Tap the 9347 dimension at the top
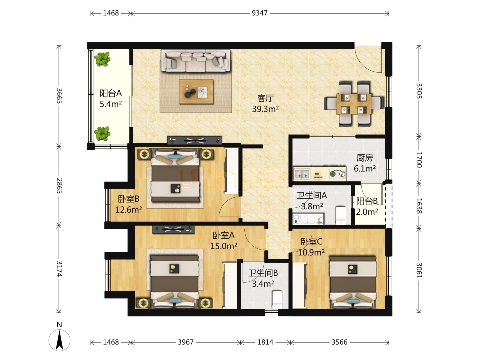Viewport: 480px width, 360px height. click(x=259, y=13)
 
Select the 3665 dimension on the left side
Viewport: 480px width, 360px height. click(x=59, y=96)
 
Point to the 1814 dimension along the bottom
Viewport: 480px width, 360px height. click(x=265, y=342)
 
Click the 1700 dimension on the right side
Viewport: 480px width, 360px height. click(x=419, y=160)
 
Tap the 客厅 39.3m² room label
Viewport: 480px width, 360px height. click(x=265, y=104)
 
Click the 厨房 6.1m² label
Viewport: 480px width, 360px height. click(x=365, y=163)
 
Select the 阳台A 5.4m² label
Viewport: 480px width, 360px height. click(x=111, y=98)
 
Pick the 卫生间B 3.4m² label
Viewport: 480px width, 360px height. click(x=263, y=278)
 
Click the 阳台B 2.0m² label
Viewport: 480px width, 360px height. click(x=367, y=206)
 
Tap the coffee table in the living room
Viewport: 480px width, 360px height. click(x=196, y=92)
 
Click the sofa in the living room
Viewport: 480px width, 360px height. click(x=195, y=61)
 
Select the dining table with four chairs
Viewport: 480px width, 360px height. click(x=354, y=104)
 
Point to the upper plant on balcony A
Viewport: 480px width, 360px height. click(x=102, y=59)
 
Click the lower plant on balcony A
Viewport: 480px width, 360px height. click(x=102, y=134)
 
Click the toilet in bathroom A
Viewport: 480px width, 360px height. click(x=341, y=215)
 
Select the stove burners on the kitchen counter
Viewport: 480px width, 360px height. click(x=337, y=174)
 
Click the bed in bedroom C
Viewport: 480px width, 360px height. click(x=353, y=282)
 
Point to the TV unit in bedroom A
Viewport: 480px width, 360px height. click(x=173, y=230)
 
